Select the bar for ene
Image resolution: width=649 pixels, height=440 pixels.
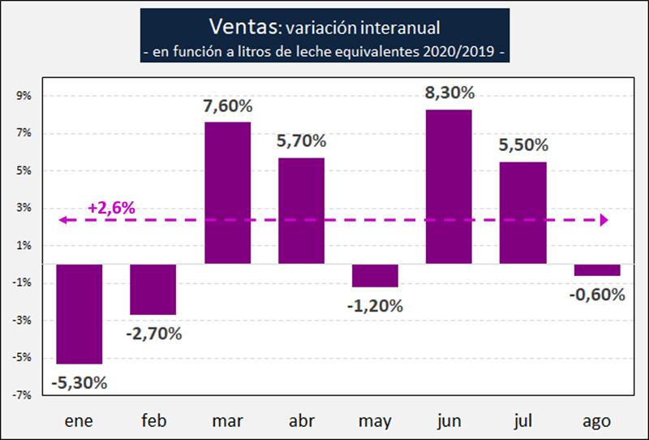pos(79,314)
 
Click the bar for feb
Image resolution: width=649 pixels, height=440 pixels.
pos(153,290)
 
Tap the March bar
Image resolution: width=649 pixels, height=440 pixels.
pos(227,193)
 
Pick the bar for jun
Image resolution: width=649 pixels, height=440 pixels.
pos(449,187)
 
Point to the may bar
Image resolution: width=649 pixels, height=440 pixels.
pos(375,276)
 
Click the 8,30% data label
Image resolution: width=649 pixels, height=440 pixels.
pos(449,93)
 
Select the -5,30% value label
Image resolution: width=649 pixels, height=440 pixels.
pos(80,382)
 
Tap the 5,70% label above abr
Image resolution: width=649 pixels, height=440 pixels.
pos(301,141)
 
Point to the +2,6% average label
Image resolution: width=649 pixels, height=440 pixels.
pos(110,208)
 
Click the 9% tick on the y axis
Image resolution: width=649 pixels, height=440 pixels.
pos(23,96)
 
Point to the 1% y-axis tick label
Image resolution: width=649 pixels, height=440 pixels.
pos(23,245)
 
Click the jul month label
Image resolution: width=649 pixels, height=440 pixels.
pos(522,421)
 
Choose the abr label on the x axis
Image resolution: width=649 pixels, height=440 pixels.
pos(301,421)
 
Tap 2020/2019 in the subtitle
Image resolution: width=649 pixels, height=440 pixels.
pos(458,52)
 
